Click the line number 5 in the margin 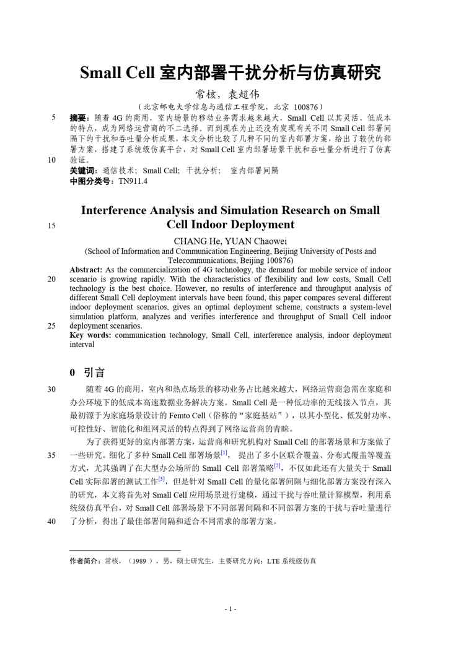click(x=54, y=117)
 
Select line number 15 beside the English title click(x=51, y=226)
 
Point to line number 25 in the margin click(x=51, y=325)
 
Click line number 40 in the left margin click(x=51, y=521)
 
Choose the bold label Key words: click(x=90, y=335)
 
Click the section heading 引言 click(x=94, y=372)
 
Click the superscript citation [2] click(x=278, y=465)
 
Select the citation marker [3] click(x=162, y=478)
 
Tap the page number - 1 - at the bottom click(x=230, y=610)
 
